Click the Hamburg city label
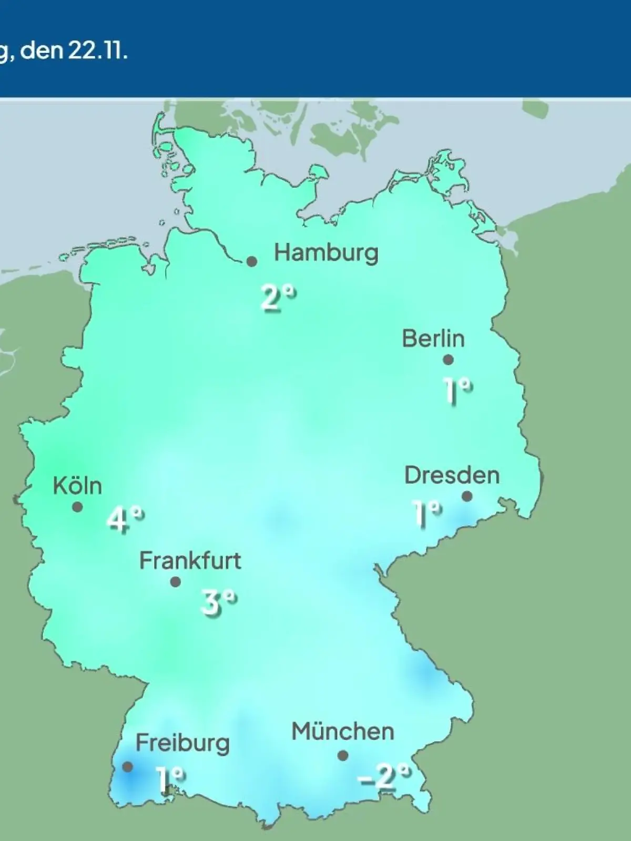pyautogui.click(x=326, y=253)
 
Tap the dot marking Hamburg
pyautogui.click(x=252, y=261)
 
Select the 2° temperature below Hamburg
pyautogui.click(x=278, y=298)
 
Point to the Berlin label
pyautogui.click(x=433, y=339)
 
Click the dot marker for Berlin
pyautogui.click(x=448, y=360)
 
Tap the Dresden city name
pyautogui.click(x=452, y=475)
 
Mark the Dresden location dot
pyautogui.click(x=467, y=496)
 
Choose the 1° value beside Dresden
pyautogui.click(x=426, y=512)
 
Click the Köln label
pyautogui.click(x=77, y=486)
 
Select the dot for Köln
pyautogui.click(x=77, y=507)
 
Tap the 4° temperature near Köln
pyautogui.click(x=125, y=520)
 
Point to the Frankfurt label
pyautogui.click(x=190, y=561)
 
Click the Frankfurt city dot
pyautogui.click(x=176, y=582)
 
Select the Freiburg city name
pyautogui.click(x=182, y=743)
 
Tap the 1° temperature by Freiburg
pyautogui.click(x=170, y=779)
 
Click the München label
pyautogui.click(x=343, y=732)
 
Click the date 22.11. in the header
pyautogui.click(x=97, y=52)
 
